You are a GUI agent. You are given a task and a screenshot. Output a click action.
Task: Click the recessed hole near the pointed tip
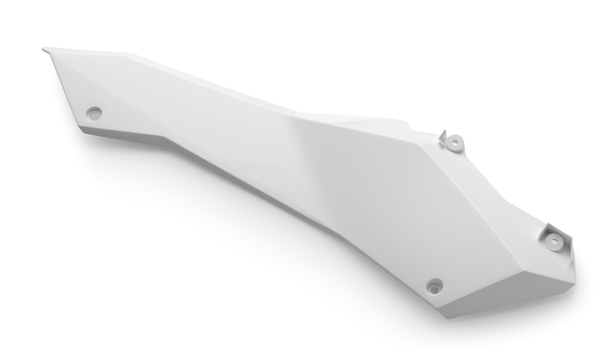[x=94, y=113]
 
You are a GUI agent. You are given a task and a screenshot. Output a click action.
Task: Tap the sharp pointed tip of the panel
[x=44, y=49]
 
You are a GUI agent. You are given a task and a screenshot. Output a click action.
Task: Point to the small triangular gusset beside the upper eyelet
[x=442, y=136]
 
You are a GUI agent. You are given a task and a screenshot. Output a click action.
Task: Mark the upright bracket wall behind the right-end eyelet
[x=547, y=230]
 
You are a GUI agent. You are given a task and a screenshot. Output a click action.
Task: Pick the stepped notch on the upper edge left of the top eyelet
[x=405, y=122]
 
